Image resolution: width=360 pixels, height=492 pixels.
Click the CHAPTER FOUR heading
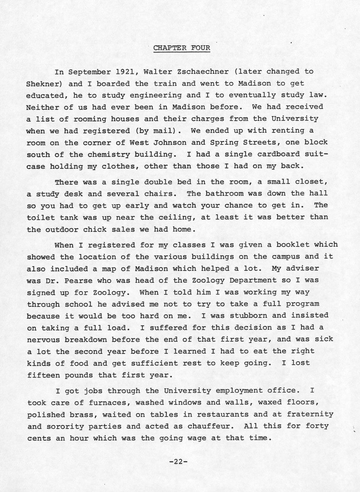click(182, 48)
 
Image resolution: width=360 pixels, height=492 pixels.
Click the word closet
click(311, 182)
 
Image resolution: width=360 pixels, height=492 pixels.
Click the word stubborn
click(248, 316)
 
